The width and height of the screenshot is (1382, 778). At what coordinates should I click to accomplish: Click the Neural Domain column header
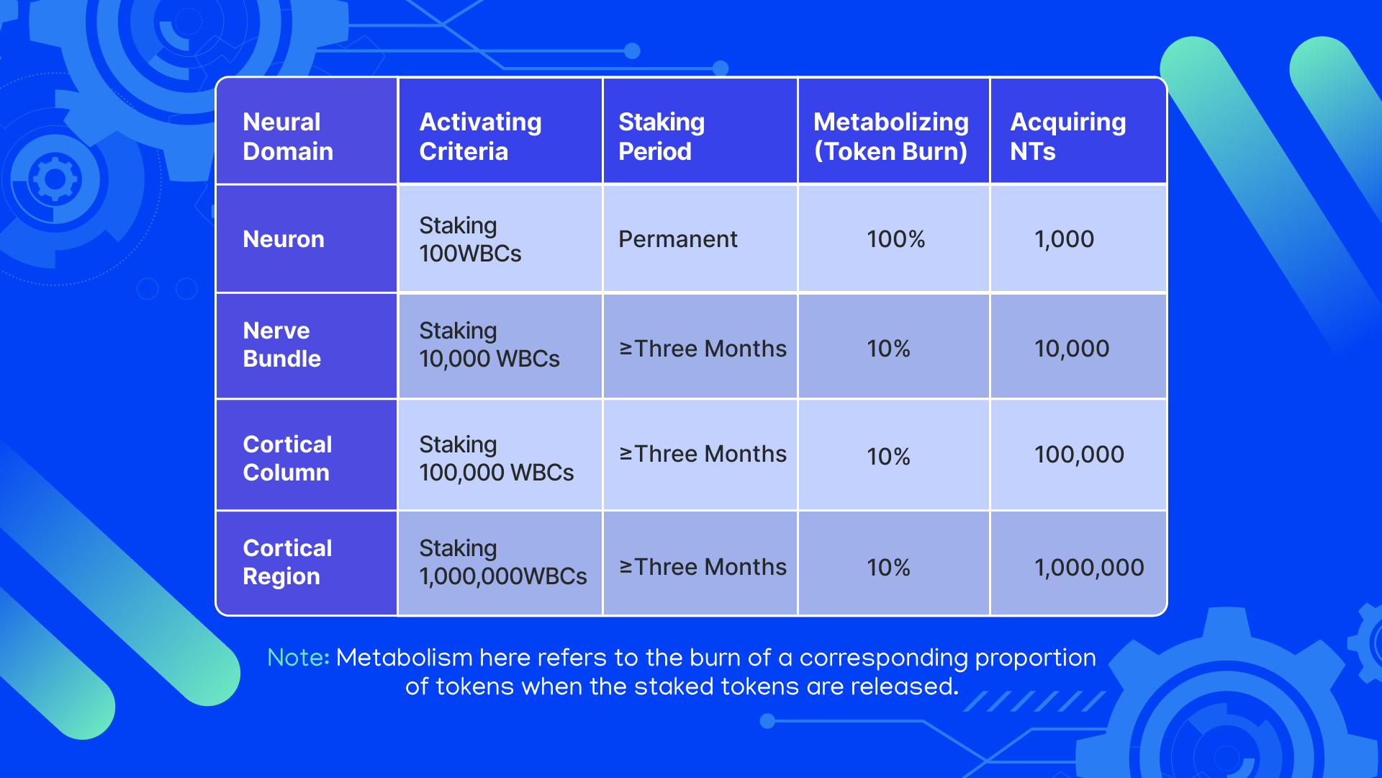tap(288, 137)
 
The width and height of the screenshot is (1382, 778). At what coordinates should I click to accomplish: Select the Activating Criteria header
tap(480, 137)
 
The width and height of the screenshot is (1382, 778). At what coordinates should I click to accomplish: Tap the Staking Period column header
tap(661, 137)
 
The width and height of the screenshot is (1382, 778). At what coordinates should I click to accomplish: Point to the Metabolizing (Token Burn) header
tap(891, 137)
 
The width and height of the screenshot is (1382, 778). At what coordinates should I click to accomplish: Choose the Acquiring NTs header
tap(1068, 137)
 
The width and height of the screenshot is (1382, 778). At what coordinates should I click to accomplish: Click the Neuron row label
tap(284, 239)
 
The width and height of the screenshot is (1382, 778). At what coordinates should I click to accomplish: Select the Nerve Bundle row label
tap(282, 344)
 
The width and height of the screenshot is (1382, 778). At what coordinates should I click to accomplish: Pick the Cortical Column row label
tap(287, 458)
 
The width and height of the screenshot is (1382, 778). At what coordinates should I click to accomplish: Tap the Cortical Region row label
tap(287, 562)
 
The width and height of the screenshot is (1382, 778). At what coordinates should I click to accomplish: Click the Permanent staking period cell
tap(678, 239)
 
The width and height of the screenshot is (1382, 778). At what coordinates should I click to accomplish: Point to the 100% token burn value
tap(895, 239)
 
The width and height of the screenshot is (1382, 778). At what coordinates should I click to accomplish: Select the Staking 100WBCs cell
tap(471, 239)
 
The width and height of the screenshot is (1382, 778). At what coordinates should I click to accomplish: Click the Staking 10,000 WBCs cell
tap(489, 344)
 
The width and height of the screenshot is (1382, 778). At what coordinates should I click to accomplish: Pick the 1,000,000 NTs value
tap(1089, 568)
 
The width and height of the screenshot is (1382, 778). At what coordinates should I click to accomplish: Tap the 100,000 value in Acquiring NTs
tap(1079, 455)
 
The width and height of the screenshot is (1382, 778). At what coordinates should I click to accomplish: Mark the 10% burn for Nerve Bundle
tap(888, 349)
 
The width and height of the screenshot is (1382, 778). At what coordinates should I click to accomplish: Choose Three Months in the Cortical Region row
tap(710, 567)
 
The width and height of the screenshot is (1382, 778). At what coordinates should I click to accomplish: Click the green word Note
tap(298, 658)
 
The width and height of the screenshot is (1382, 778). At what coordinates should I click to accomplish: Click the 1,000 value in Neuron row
tap(1064, 239)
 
